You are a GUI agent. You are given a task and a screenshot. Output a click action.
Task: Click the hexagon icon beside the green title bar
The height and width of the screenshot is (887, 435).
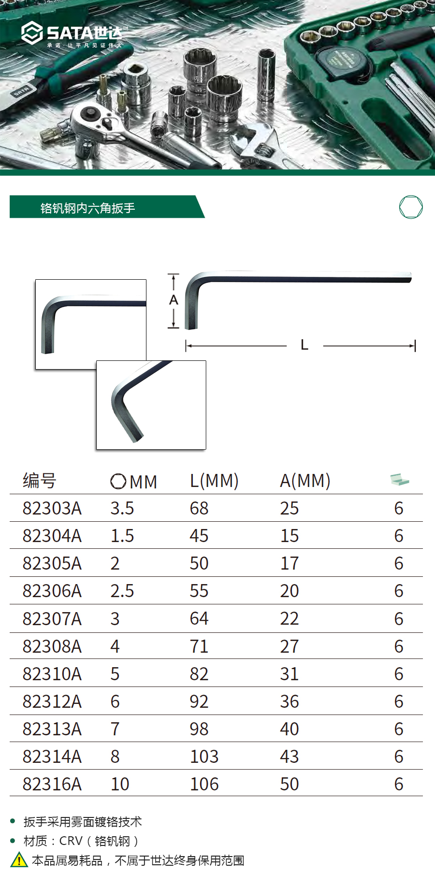[411, 207]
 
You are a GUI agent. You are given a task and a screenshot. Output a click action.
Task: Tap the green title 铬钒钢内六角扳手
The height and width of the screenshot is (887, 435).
[87, 208]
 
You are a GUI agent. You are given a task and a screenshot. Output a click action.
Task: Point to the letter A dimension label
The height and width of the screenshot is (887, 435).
[174, 300]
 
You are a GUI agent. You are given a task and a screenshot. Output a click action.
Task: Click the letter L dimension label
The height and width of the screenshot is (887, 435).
[304, 345]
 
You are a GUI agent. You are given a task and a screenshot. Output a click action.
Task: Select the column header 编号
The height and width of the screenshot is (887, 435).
[40, 481]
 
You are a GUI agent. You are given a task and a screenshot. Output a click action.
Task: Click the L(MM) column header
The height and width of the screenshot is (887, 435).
[214, 481]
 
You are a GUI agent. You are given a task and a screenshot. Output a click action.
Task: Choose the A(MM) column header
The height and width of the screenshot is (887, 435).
[305, 481]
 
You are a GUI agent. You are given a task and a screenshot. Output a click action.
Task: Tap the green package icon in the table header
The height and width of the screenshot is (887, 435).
[400, 480]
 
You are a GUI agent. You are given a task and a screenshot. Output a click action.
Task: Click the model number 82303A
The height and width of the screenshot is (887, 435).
[52, 508]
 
